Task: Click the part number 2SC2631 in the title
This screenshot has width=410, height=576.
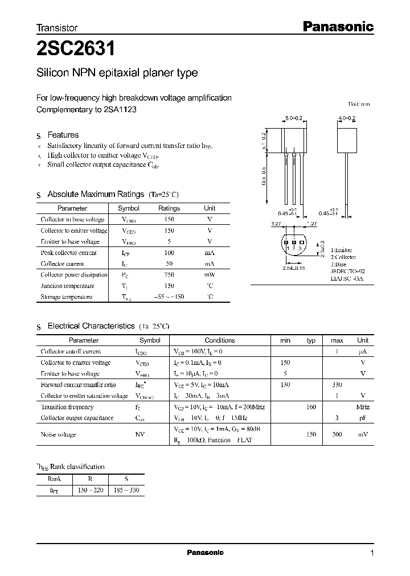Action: click(x=76, y=50)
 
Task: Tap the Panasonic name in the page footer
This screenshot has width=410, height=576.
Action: click(x=206, y=553)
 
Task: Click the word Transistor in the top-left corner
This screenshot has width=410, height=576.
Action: click(x=57, y=27)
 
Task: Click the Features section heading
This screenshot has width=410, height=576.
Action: click(x=63, y=135)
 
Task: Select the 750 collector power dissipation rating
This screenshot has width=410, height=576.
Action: click(x=169, y=275)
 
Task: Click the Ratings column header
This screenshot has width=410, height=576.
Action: click(x=169, y=208)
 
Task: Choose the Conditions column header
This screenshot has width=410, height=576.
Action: click(x=219, y=340)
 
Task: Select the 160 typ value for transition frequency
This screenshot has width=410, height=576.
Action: click(x=311, y=407)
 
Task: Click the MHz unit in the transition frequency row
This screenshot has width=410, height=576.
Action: click(x=363, y=407)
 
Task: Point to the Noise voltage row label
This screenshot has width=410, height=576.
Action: click(x=59, y=434)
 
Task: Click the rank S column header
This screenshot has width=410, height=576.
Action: click(x=126, y=479)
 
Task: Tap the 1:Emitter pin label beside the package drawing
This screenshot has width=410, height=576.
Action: click(x=341, y=250)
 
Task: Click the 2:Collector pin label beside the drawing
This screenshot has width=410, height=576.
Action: click(x=343, y=257)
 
